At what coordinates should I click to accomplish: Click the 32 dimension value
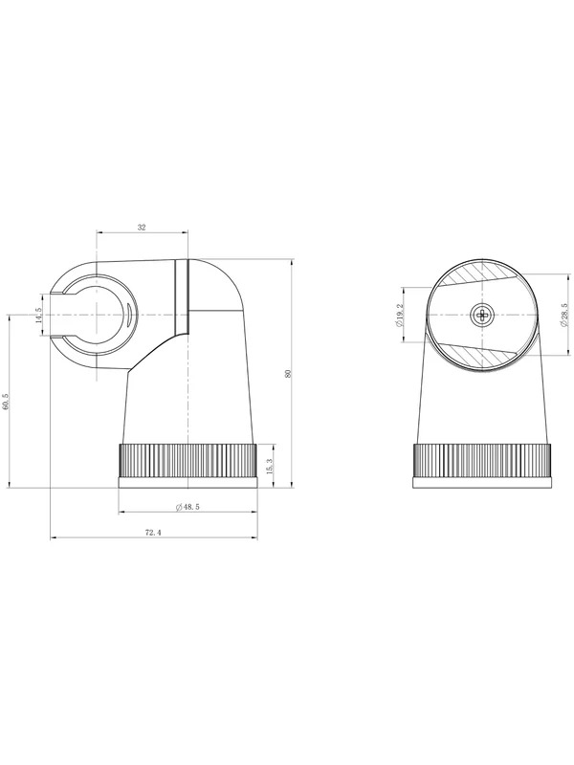coord(142,228)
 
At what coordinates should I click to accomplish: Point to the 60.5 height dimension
coord(6,402)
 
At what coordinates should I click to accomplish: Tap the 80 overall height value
coord(288,374)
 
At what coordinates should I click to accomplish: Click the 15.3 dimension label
coord(270,465)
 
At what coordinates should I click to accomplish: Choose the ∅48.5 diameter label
coord(188,507)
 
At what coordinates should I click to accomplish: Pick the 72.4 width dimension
coord(153,533)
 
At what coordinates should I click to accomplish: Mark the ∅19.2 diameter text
coord(400,316)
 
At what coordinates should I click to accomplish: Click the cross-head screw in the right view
coord(483,316)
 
